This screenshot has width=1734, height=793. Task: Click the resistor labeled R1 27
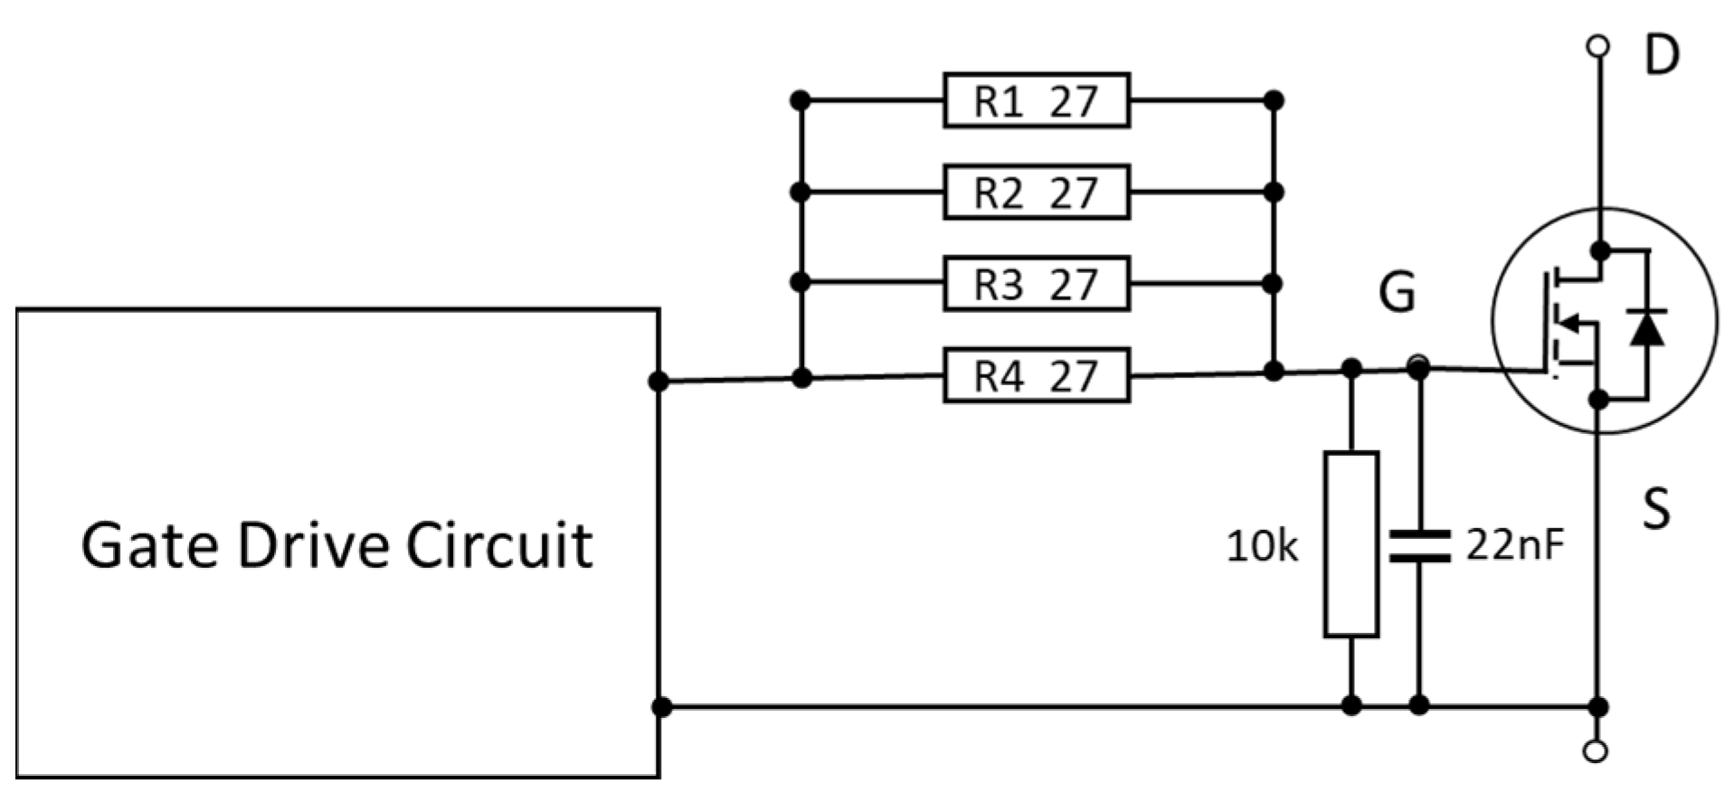[1036, 100]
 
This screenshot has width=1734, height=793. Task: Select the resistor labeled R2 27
[1036, 192]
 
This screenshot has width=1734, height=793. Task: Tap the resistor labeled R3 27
[1036, 284]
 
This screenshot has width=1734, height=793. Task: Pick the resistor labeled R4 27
[1036, 375]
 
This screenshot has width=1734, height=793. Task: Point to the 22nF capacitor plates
[1419, 545]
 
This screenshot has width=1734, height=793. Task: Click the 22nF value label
[1514, 543]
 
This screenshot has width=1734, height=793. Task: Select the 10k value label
[1262, 546]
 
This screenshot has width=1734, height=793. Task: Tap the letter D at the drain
[1661, 56]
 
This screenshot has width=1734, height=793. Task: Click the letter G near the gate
[1397, 292]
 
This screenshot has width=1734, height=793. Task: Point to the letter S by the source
[1656, 508]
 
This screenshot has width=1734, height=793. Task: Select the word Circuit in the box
[498, 544]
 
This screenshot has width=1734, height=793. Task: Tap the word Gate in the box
[149, 544]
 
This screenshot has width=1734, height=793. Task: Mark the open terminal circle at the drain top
[1598, 44]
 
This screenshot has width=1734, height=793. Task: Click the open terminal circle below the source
[1598, 751]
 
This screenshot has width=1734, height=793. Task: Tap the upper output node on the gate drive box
[659, 382]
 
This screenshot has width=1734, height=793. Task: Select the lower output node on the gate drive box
[661, 706]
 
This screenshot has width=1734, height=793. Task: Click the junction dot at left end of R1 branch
[800, 100]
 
